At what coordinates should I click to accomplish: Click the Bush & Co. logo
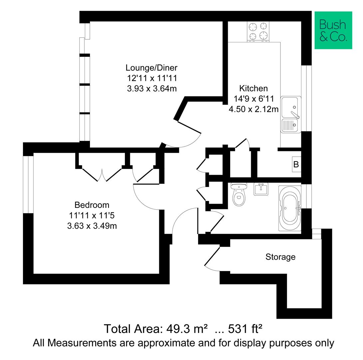(x=333, y=30)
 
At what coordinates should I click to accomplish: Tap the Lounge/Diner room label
(x=151, y=68)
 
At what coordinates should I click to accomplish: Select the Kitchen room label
(x=253, y=88)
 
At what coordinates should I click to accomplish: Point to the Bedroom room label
(x=92, y=205)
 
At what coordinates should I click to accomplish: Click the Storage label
(x=280, y=257)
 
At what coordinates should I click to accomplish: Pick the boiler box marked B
(x=296, y=164)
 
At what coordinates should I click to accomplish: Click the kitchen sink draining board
(x=290, y=126)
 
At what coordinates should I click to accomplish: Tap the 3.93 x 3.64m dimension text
(x=151, y=89)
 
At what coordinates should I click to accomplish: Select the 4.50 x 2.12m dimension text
(x=253, y=109)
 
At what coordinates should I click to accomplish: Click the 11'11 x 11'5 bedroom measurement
(x=92, y=215)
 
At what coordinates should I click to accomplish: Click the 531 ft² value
(x=245, y=329)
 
